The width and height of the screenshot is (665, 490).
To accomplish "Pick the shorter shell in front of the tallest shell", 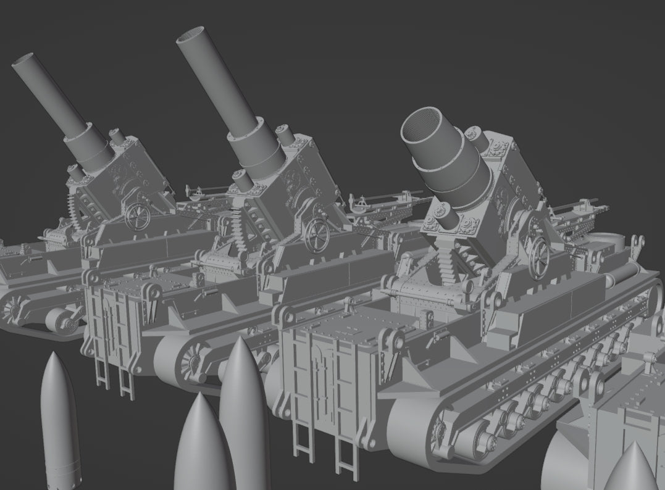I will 201,444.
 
